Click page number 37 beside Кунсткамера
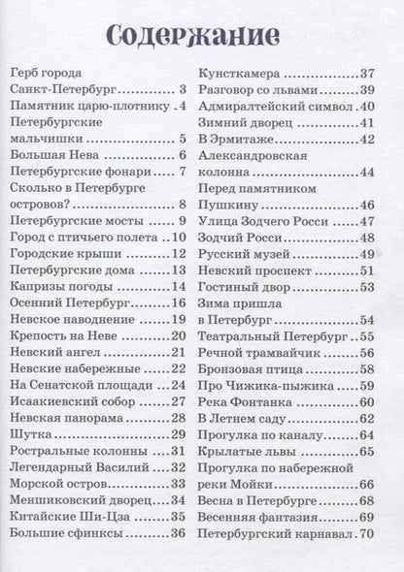pos(365,74)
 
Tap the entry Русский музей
pos(244,254)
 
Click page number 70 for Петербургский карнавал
pos(365,533)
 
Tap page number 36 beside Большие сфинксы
pos(178,532)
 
